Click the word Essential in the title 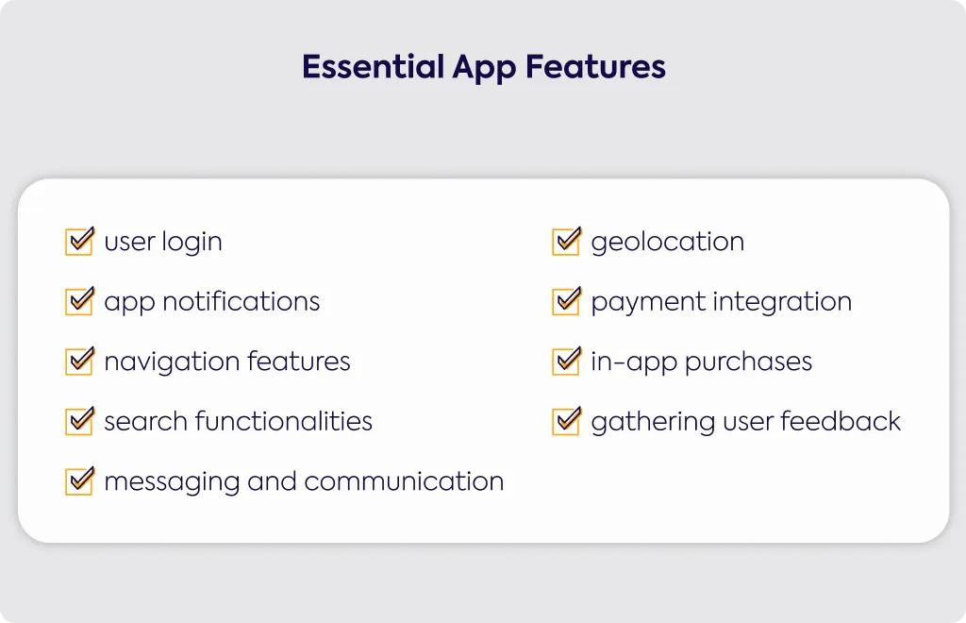tap(374, 67)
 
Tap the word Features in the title tap(595, 67)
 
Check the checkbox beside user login tap(79, 241)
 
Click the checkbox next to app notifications tap(79, 301)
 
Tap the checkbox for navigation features tap(79, 362)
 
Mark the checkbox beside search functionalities tap(79, 421)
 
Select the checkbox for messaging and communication tap(79, 480)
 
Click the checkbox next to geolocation tap(566, 241)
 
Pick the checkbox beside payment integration tap(566, 301)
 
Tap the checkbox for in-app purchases tap(566, 362)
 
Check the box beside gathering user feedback tap(566, 421)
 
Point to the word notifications tap(241, 301)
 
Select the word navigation tap(172, 362)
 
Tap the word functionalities tap(284, 421)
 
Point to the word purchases tap(748, 362)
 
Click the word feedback tap(841, 422)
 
